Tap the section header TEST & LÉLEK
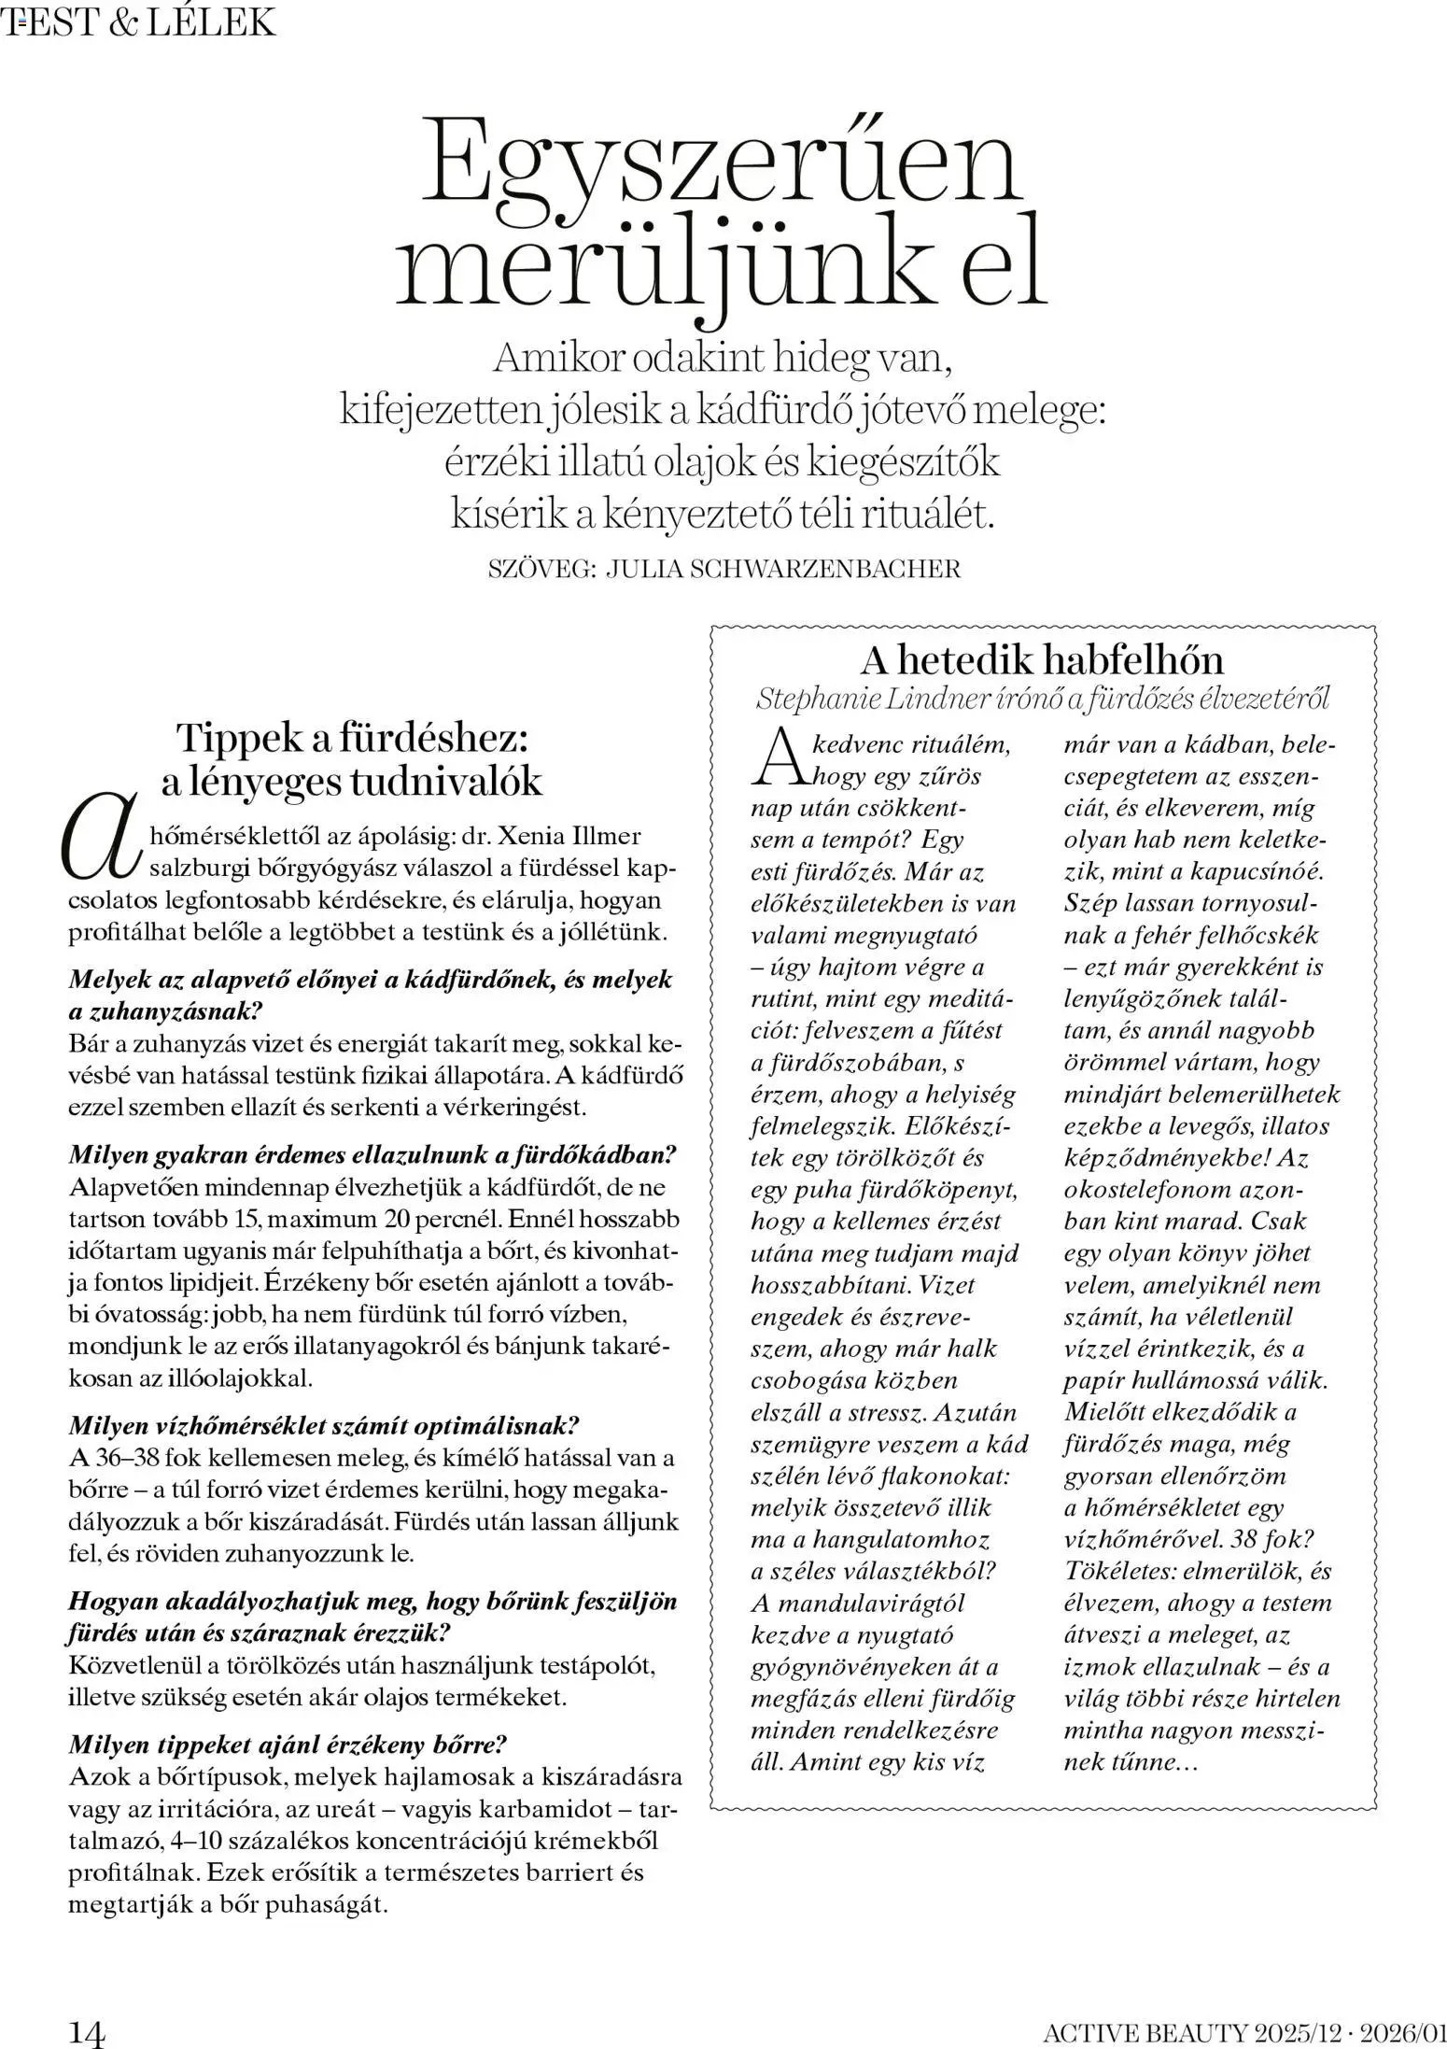tap(140, 21)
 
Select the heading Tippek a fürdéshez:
tap(354, 738)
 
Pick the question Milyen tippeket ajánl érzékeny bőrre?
tap(288, 1744)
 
